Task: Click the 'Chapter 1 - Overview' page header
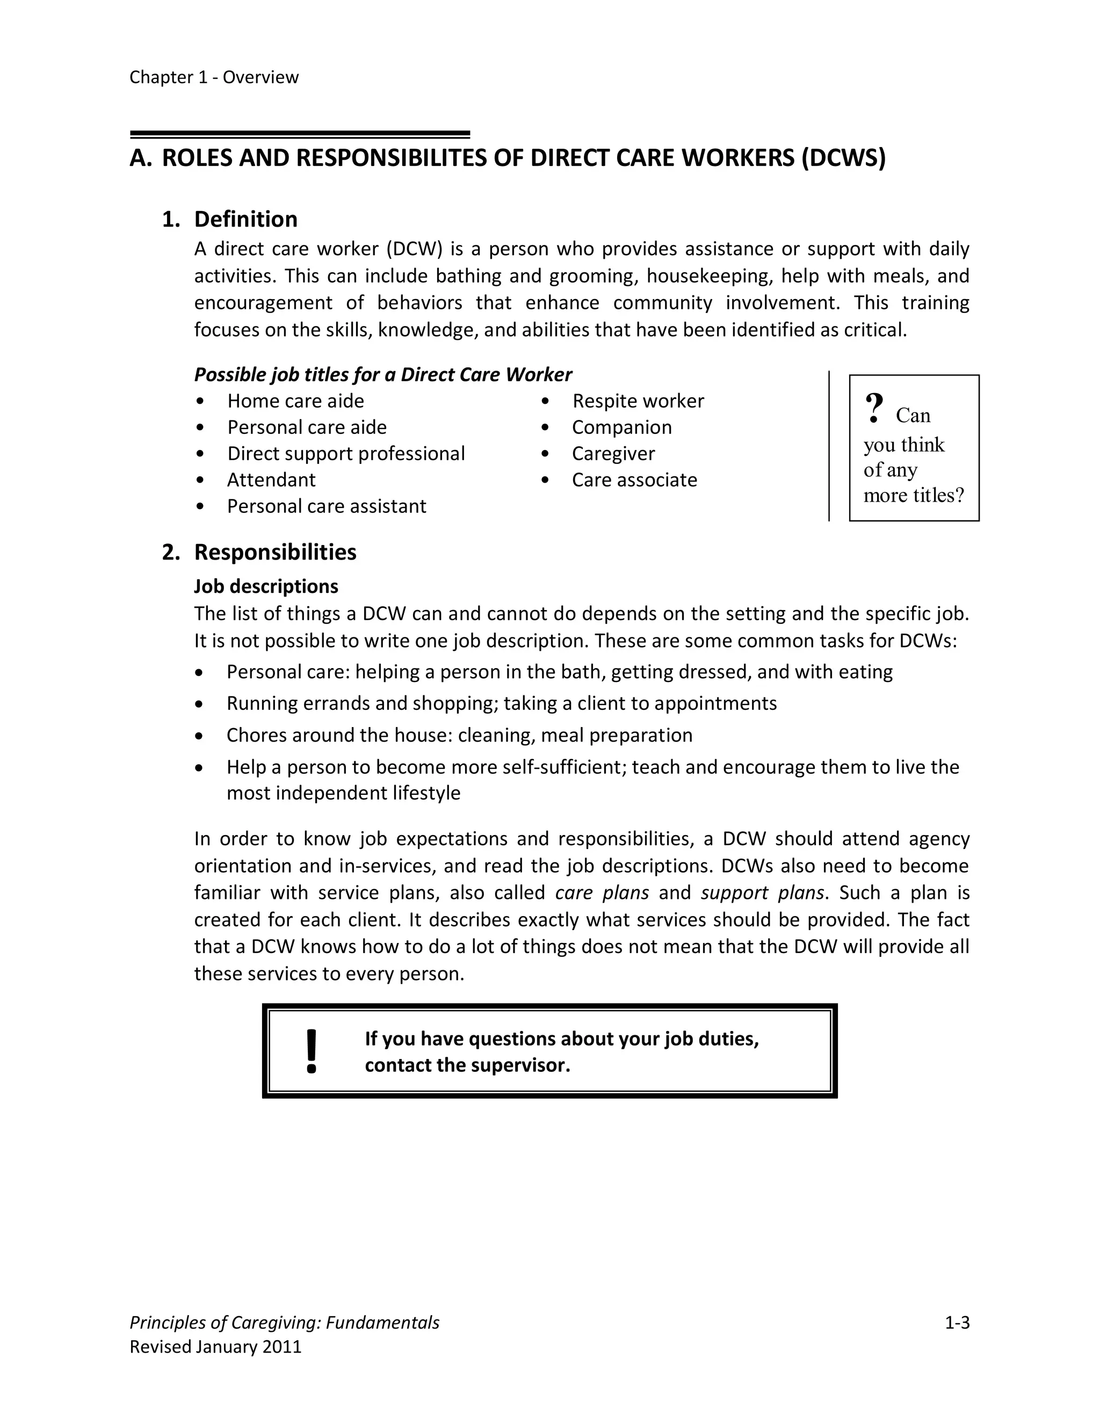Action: click(x=214, y=77)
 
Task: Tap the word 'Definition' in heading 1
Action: click(x=245, y=220)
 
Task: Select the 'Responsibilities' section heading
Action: click(x=275, y=553)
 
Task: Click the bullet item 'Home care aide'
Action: click(x=295, y=401)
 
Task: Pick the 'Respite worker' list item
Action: click(x=638, y=401)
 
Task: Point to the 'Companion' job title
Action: click(x=621, y=427)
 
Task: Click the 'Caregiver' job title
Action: click(x=613, y=454)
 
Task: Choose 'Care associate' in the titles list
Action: click(x=634, y=480)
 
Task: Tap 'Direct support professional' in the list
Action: click(x=346, y=454)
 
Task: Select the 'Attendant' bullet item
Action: click(x=271, y=480)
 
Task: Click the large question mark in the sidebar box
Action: click(x=874, y=409)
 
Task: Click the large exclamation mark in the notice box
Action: click(x=312, y=1051)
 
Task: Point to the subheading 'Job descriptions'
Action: click(x=266, y=586)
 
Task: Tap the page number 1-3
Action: click(x=957, y=1323)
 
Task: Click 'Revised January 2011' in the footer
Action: click(x=216, y=1347)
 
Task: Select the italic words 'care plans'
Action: click(x=602, y=892)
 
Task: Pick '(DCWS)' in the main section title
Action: click(x=843, y=158)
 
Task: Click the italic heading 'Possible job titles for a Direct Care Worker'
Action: click(x=383, y=375)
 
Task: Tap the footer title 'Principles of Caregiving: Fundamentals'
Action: click(x=284, y=1323)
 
